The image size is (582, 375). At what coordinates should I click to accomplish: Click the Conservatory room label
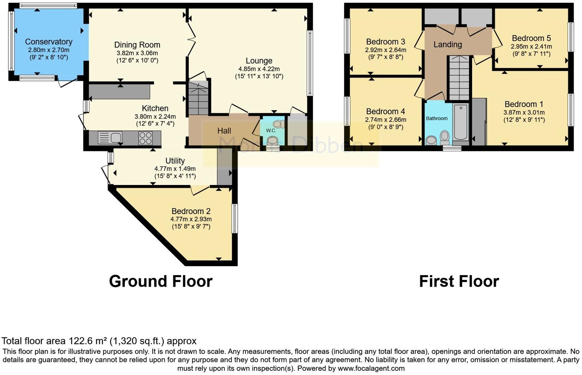coord(49,42)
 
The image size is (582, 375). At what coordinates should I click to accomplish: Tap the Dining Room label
coord(137,45)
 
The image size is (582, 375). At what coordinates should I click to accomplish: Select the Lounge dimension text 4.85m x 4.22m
coord(259,69)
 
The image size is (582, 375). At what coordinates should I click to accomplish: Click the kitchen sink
coord(110,138)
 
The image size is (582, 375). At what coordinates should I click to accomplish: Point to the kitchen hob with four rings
coord(145,138)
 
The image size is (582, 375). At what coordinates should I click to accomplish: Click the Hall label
coord(224,131)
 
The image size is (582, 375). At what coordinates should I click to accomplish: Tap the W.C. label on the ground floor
coord(271,131)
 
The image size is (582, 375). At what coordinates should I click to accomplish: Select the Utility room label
coord(175,161)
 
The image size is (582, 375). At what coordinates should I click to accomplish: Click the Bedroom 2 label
coord(191,211)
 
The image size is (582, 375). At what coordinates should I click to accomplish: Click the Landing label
coord(448,44)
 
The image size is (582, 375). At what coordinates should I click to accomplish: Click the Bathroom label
coord(436,119)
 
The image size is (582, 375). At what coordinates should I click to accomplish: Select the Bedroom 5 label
coord(531,38)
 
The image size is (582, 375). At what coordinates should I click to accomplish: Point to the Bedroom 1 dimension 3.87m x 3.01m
coord(524,112)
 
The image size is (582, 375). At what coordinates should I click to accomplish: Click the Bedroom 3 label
coord(386,42)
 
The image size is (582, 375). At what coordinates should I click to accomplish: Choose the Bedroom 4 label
coord(386,112)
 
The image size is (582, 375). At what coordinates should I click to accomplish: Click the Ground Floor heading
coord(160,281)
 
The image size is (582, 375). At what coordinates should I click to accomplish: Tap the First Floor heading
coord(459,281)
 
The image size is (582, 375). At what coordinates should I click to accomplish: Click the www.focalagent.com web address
coord(371,369)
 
